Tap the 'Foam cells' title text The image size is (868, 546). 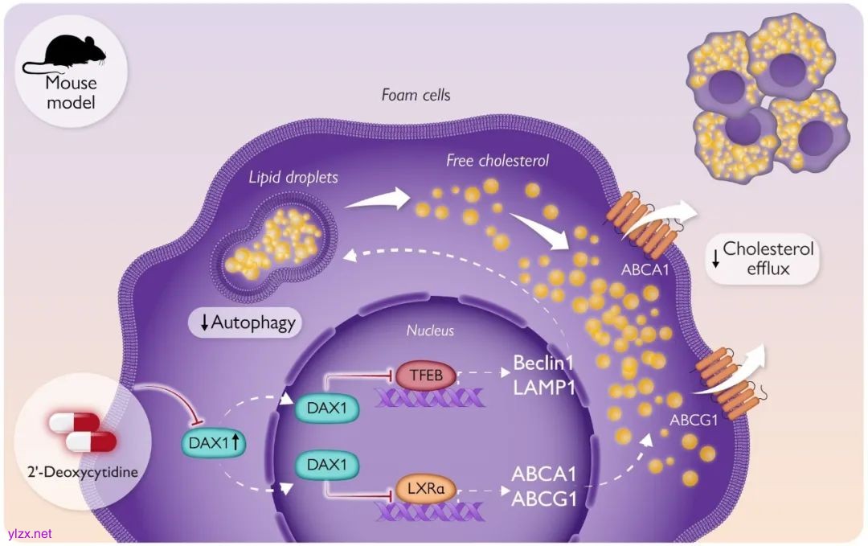416,95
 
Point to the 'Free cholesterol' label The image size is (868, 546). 497,161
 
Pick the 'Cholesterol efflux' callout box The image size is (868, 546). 764,259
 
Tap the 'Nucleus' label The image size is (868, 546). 430,330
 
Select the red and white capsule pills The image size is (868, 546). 82,433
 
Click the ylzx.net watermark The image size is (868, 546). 29,533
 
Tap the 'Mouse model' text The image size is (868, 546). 70,92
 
